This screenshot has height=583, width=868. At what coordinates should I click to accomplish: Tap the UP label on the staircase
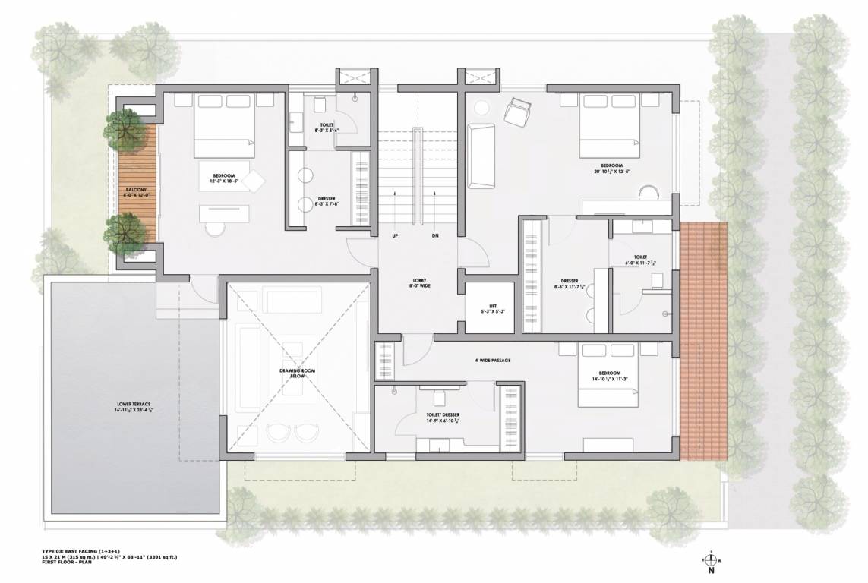point(395,236)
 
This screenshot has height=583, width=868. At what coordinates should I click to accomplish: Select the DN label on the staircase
point(435,236)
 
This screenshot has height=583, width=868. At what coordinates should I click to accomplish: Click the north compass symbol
point(710,562)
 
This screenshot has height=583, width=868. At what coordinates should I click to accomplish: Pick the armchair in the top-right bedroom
point(519,113)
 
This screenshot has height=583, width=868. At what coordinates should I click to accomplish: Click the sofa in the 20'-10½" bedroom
point(481,156)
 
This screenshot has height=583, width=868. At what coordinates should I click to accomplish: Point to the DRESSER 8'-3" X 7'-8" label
point(327,201)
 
